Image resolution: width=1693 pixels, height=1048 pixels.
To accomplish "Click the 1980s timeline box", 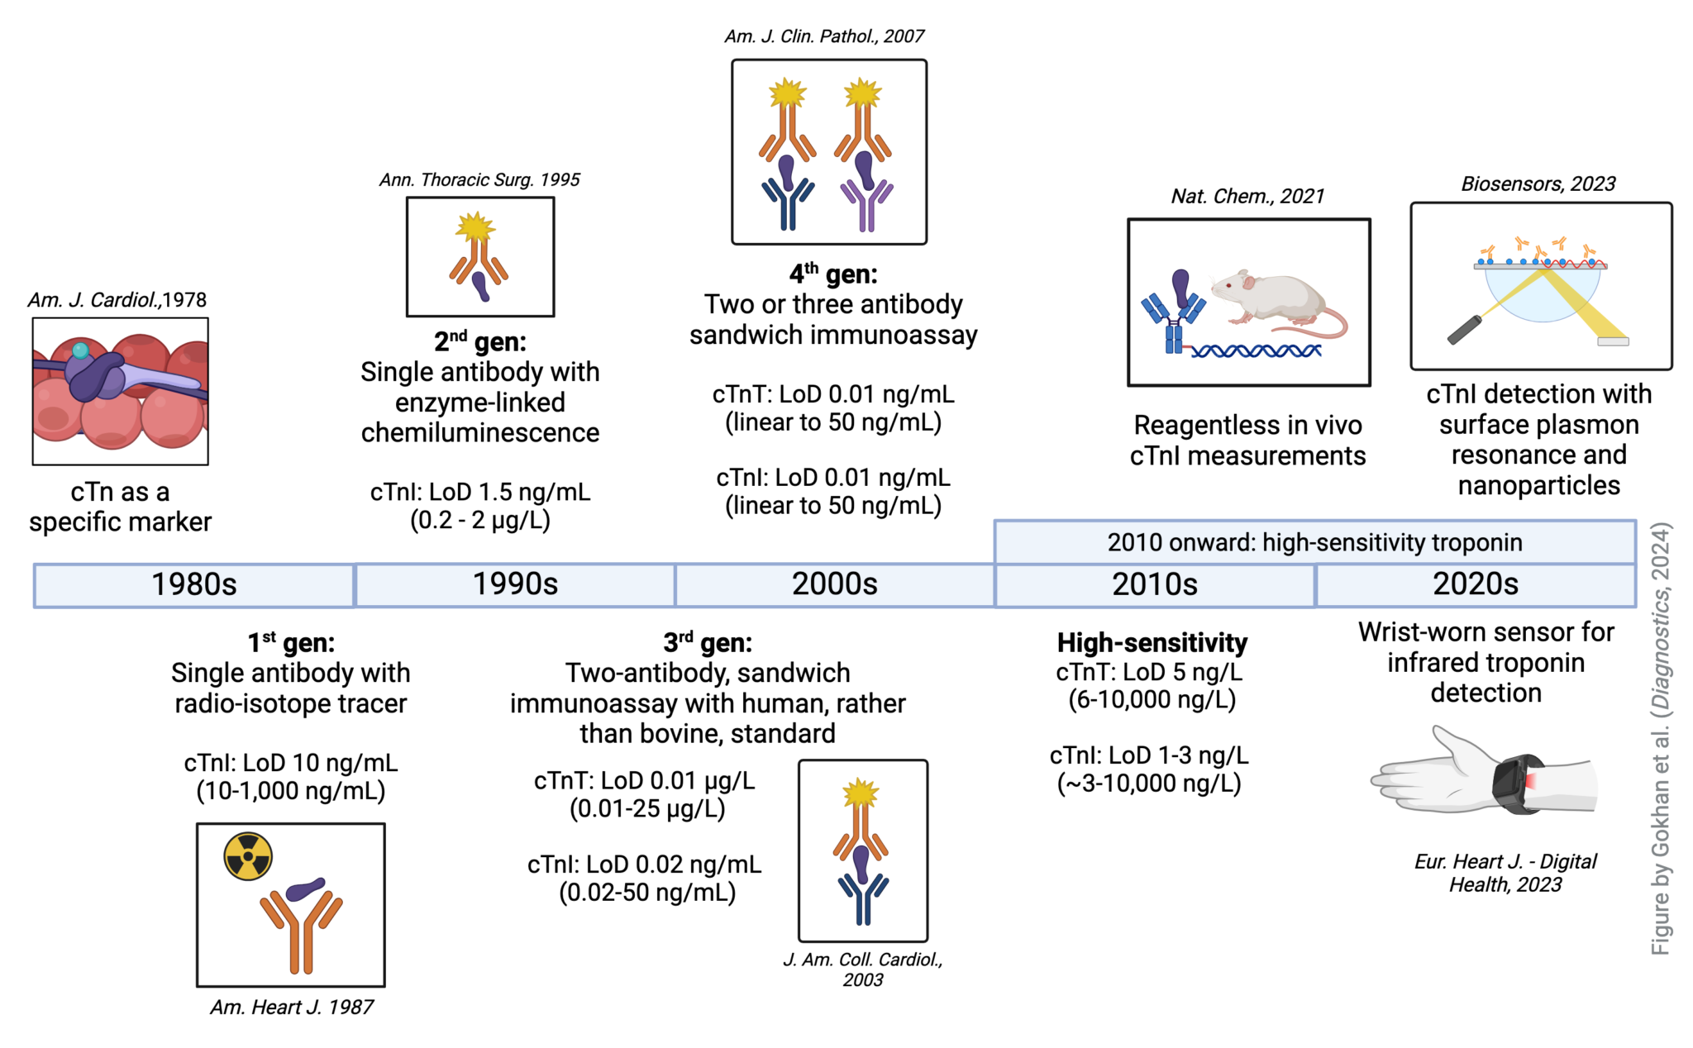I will tap(194, 584).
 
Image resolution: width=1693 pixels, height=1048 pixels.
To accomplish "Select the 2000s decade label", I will tap(834, 584).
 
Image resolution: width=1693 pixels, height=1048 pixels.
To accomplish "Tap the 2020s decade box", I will tap(1475, 584).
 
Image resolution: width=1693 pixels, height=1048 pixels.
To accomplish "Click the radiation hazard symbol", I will tap(248, 856).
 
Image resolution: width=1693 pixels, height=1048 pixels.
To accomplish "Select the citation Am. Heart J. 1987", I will tap(291, 1007).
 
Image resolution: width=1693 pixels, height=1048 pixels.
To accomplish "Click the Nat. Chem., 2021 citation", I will tap(1247, 196).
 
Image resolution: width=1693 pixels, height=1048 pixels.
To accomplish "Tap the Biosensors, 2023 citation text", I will tap(1538, 183).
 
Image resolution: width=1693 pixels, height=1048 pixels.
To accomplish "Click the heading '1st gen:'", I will tap(291, 642).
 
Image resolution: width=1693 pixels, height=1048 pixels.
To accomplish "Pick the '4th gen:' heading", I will tap(832, 274).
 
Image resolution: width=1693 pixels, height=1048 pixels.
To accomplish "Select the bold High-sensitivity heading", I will tap(1152, 642).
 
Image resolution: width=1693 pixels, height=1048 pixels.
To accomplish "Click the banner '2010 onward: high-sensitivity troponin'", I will tap(1314, 542).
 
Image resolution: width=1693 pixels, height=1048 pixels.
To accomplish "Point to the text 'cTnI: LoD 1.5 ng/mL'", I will tap(479, 492).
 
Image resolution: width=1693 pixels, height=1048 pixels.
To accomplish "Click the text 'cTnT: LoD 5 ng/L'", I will tap(1149, 672).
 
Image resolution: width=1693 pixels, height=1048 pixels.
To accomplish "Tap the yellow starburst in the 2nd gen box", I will tap(475, 226).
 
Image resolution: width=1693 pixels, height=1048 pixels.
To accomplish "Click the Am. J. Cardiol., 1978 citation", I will tap(117, 299).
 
